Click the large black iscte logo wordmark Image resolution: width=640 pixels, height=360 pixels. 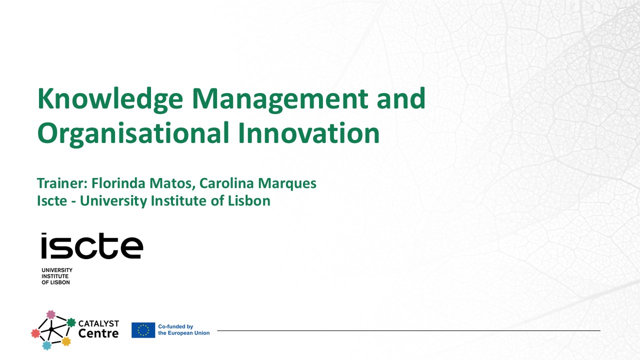pyautogui.click(x=92, y=246)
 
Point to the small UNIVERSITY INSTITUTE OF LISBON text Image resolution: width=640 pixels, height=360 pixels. pyautogui.click(x=56, y=276)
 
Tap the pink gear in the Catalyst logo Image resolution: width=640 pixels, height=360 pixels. pyautogui.click(x=50, y=314)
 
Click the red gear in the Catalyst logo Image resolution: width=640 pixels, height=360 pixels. pyautogui.click(x=35, y=333)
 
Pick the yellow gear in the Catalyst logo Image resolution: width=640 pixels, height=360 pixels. pyautogui.click(x=66, y=341)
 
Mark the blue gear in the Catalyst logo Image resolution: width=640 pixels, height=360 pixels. pyautogui.click(x=47, y=345)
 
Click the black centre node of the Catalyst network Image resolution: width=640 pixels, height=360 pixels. pyautogui.click(x=51, y=328)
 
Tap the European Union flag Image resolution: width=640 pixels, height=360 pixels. pyautogui.click(x=143, y=330)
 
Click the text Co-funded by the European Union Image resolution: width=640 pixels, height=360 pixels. pyautogui.click(x=183, y=330)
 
